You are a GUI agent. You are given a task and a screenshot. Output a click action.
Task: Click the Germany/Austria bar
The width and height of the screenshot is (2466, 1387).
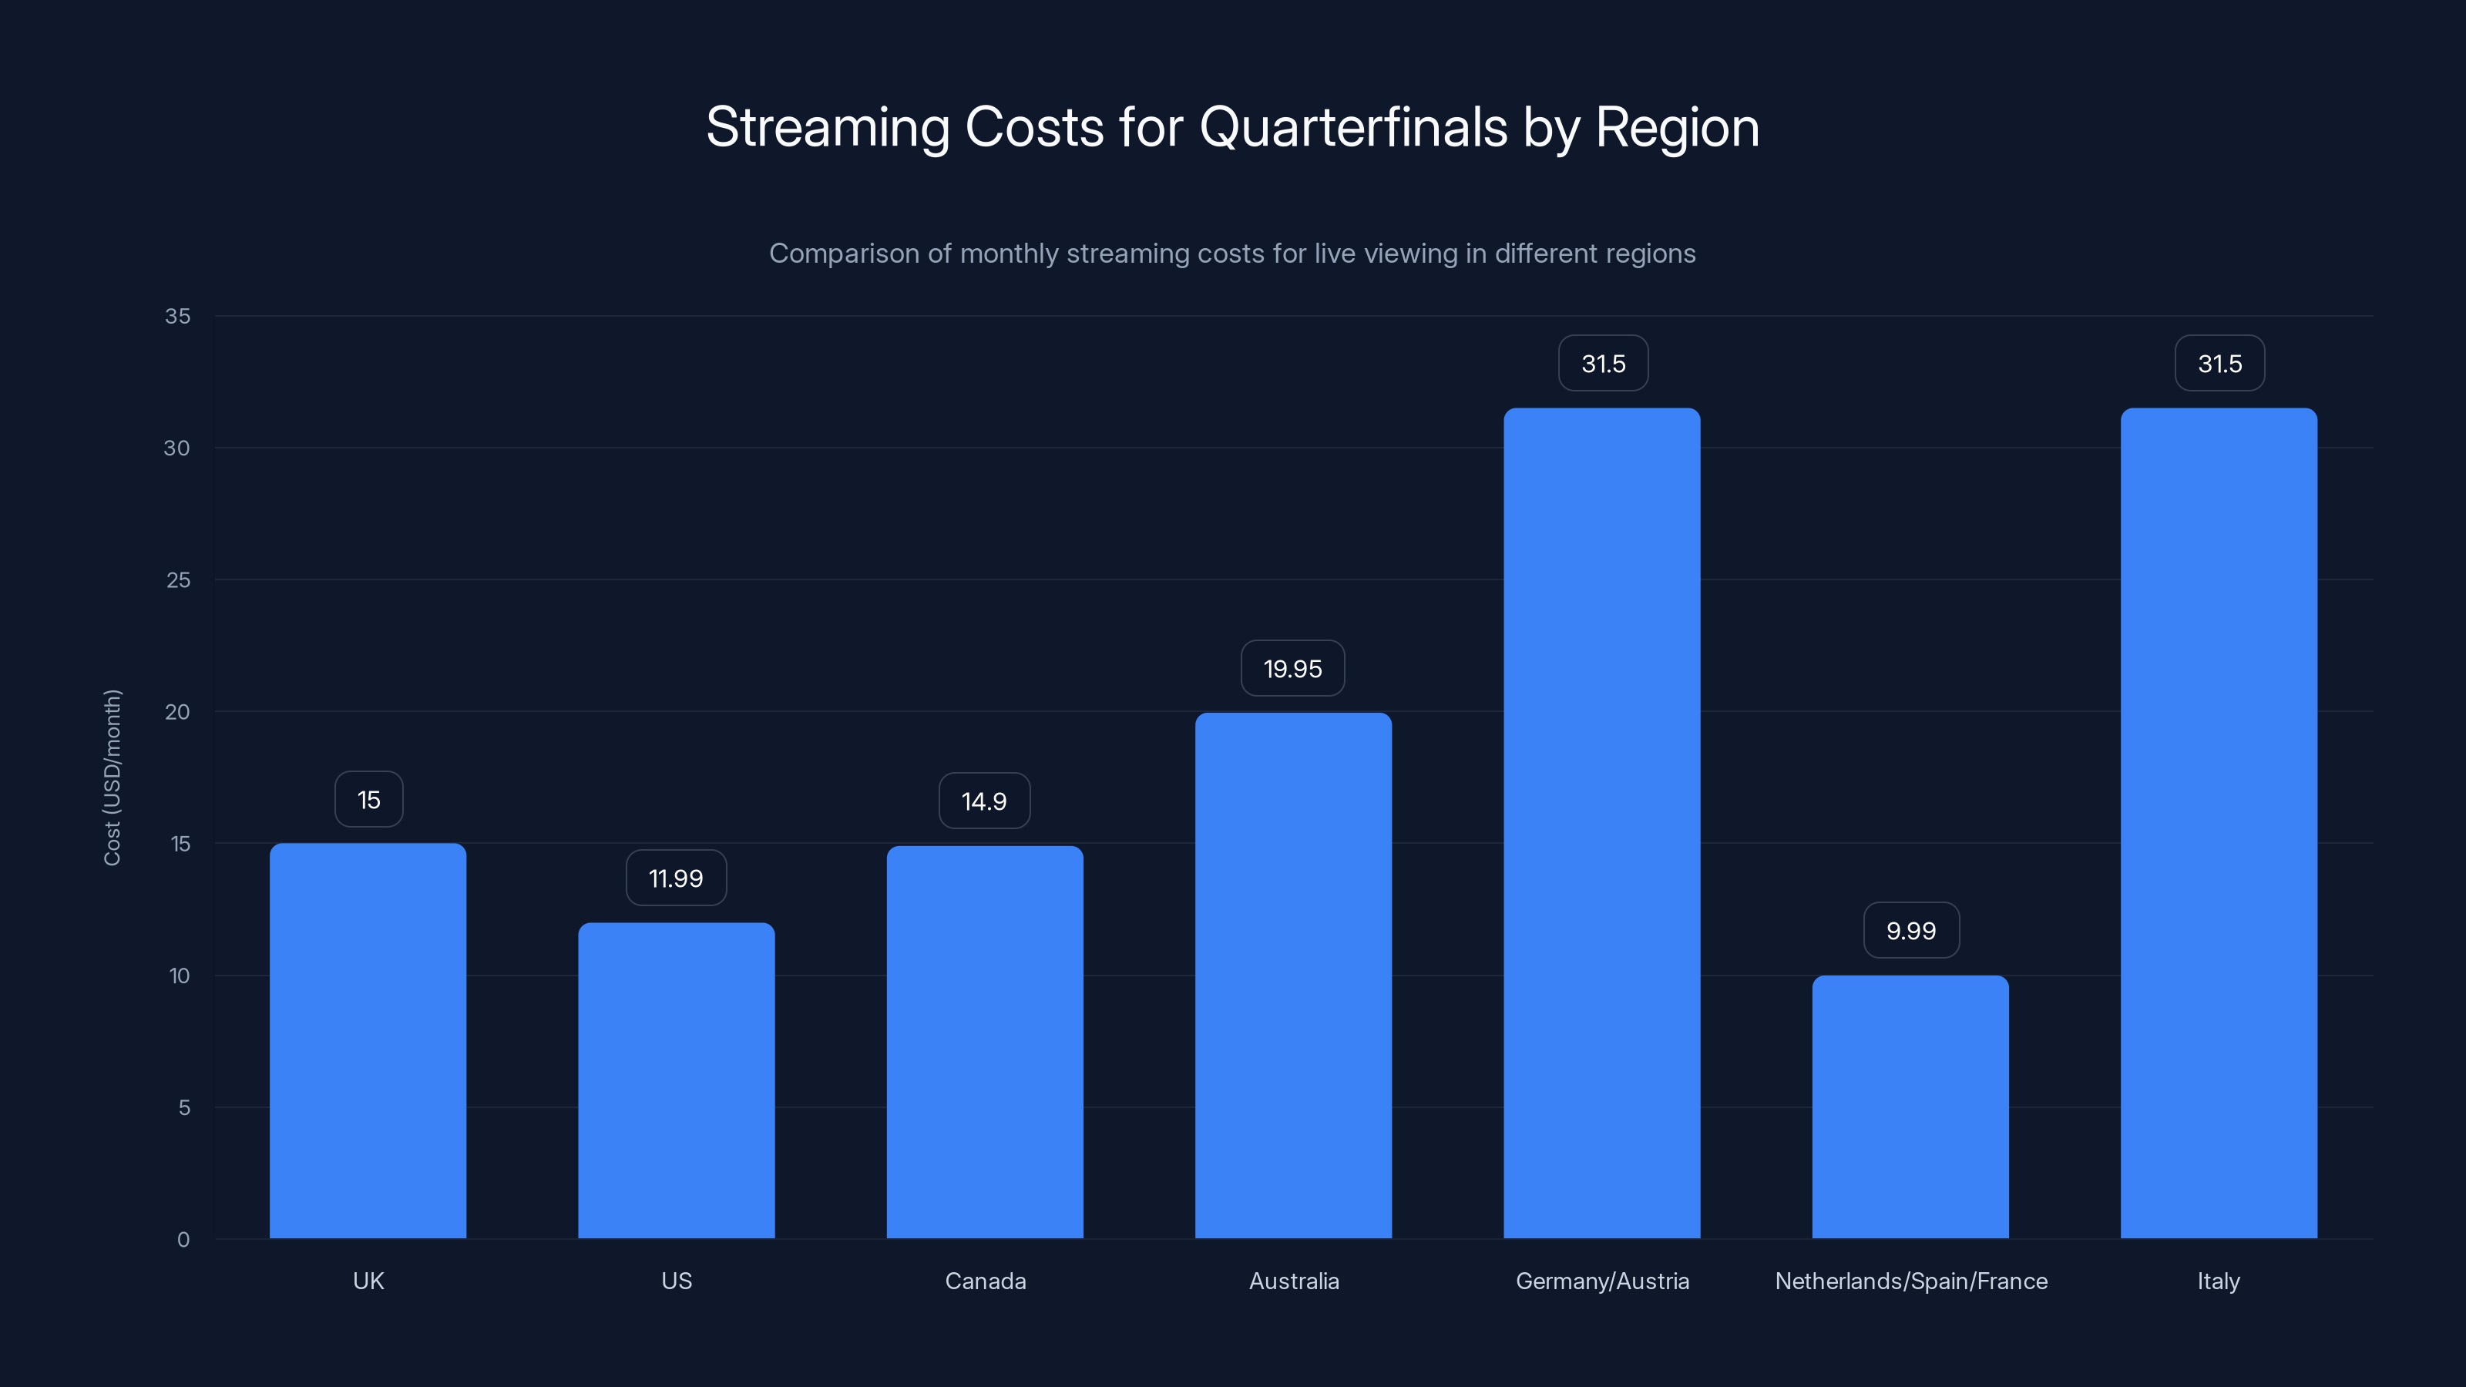1601,823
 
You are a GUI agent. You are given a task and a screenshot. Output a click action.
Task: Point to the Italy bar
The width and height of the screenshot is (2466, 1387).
2218,823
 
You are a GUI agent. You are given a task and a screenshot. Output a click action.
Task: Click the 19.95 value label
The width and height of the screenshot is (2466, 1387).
1292,668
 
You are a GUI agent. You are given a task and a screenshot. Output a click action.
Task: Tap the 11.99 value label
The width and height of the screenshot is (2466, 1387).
676,878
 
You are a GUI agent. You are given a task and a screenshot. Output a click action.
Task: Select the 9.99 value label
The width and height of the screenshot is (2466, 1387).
1911,930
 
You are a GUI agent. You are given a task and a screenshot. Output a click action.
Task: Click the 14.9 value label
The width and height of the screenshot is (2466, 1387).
984,801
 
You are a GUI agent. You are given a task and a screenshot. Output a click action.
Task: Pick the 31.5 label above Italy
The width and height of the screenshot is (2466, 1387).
2219,364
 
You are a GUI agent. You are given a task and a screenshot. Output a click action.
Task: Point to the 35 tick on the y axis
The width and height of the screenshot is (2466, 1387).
177,316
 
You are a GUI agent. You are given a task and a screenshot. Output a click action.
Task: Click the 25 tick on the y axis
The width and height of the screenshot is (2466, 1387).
178,580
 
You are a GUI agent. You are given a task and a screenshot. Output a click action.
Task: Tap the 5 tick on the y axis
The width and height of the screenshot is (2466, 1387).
184,1107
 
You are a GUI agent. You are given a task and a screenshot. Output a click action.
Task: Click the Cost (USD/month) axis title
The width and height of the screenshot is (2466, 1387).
112,777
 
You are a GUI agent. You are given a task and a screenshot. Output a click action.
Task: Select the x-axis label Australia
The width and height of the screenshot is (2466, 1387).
1293,1281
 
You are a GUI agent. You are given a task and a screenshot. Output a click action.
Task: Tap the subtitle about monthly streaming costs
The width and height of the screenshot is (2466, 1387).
1232,254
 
